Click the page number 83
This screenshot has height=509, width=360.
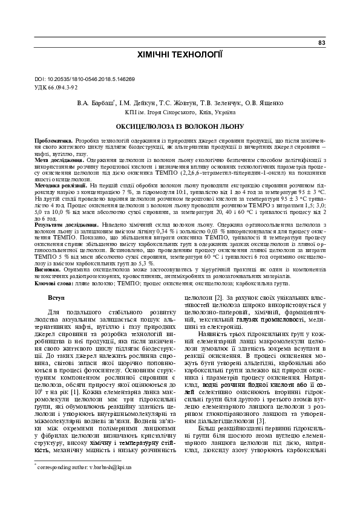(x=322, y=43)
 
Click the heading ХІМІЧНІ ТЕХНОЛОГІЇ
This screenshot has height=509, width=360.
(x=180, y=55)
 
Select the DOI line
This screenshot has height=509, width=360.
(x=85, y=79)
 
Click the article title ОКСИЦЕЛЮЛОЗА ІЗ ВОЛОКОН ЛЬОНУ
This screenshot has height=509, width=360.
(x=180, y=127)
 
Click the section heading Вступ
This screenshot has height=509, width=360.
(x=56, y=299)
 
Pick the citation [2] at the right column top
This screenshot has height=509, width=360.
(x=218, y=298)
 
